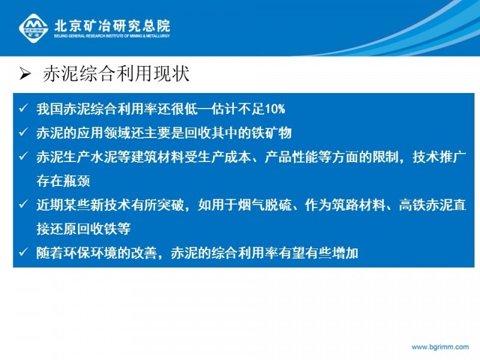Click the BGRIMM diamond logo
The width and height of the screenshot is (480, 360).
[x=34, y=28]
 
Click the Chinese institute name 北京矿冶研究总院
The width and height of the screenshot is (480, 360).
[x=112, y=25]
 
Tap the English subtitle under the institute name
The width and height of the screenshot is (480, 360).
[x=112, y=36]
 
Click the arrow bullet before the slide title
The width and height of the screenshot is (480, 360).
[x=25, y=74]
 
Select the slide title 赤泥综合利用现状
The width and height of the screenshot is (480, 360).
[x=116, y=74]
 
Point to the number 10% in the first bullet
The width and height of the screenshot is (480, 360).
[x=275, y=109]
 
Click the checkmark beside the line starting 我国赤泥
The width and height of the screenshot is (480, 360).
[x=23, y=108]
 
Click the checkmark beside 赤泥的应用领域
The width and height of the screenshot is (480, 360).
[x=23, y=132]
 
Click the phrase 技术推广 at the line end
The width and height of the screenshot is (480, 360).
[x=439, y=157]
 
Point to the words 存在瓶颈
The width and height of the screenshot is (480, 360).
[x=64, y=181]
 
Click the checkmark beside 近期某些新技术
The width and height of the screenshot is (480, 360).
[x=23, y=204]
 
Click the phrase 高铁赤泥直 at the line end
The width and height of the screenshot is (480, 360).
[x=433, y=205]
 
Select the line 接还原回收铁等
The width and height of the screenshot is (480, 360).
[x=83, y=229]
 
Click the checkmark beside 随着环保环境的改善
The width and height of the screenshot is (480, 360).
[x=23, y=252]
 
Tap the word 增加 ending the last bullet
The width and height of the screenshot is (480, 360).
[x=345, y=253]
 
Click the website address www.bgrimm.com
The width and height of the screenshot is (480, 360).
[x=440, y=347]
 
